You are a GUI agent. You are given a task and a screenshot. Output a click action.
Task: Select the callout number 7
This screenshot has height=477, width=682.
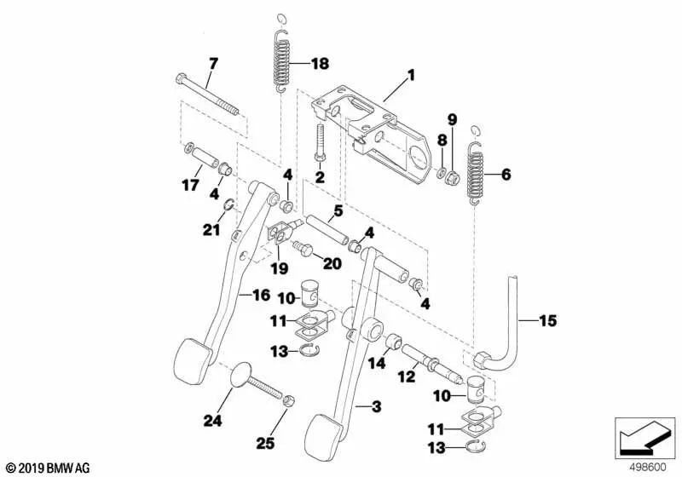click(x=213, y=63)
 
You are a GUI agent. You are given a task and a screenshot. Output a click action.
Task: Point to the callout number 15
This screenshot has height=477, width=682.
click(x=547, y=321)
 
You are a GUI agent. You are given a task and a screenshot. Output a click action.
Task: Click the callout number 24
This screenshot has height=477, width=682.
click(x=211, y=420)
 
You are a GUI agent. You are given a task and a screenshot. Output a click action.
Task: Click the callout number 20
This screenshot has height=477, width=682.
click(x=331, y=264)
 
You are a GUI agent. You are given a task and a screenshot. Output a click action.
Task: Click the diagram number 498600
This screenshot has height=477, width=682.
click(x=647, y=467)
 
